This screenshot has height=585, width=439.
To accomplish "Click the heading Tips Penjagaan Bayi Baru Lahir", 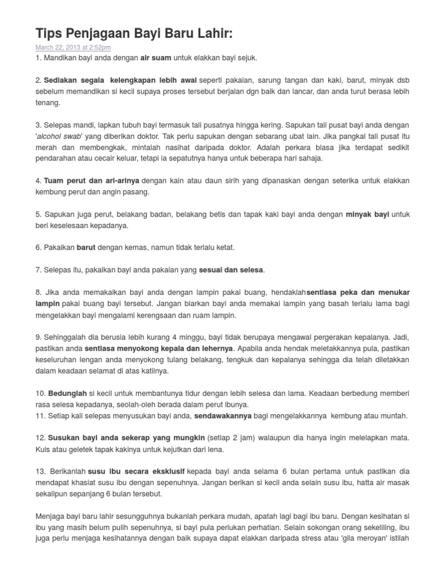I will [134, 34].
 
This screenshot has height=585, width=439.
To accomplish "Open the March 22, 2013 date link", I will [73, 47].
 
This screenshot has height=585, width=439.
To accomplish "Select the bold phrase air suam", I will [155, 58].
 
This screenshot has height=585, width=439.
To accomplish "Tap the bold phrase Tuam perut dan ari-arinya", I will [91, 181].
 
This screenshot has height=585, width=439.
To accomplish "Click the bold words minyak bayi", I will [367, 214].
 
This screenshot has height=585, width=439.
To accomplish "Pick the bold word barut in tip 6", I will [86, 247].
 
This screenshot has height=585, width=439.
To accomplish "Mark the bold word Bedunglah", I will [67, 393].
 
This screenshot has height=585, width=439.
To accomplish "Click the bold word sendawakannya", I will [223, 415].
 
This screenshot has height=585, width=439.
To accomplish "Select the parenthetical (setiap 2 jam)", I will [232, 438].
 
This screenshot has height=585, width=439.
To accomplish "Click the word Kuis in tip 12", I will [43, 449].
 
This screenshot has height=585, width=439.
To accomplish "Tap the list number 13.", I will [40, 471].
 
